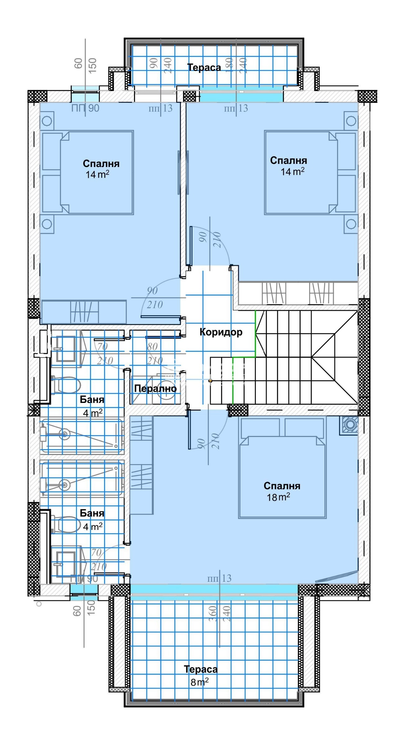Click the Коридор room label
221,332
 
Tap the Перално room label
155,388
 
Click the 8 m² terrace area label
199,682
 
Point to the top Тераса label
204,67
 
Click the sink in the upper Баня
66,349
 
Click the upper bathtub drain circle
65,434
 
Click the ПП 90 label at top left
85,108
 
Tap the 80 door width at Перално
152,346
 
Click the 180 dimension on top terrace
229,65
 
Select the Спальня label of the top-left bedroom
101,164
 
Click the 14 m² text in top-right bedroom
292,172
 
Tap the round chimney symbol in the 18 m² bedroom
350,425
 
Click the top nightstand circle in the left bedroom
47,121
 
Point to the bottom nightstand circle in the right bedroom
351,224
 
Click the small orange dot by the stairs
210,380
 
